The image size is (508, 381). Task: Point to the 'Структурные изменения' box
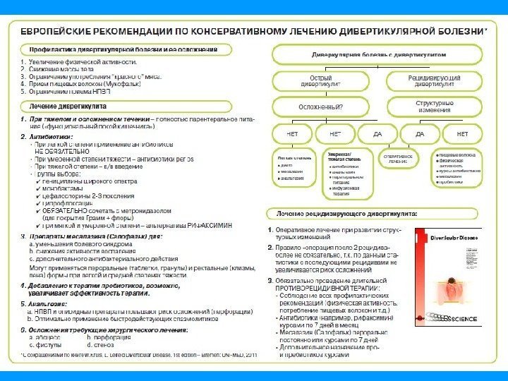(433, 107)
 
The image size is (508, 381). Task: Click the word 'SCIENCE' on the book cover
(462, 320)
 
